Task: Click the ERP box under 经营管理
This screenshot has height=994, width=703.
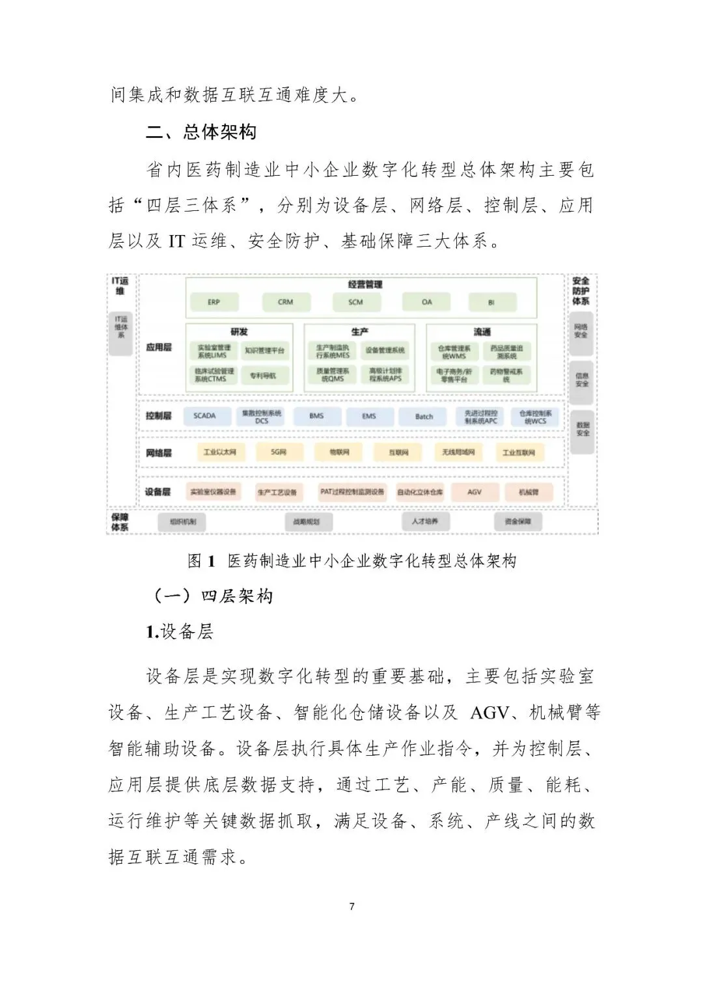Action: tap(214, 302)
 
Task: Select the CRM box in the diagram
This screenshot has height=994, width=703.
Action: tap(286, 302)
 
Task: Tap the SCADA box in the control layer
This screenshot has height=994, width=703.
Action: tap(204, 416)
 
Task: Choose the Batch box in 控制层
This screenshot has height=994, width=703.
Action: tap(424, 417)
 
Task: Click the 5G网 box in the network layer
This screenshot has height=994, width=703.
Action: tap(279, 452)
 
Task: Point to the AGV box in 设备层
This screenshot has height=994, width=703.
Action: tap(475, 492)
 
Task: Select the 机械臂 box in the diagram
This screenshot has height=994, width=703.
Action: tap(529, 492)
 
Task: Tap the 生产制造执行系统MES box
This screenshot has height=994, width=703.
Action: tap(333, 352)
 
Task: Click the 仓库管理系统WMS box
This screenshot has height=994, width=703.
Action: tap(454, 352)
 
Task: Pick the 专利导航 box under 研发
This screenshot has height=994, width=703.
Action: tap(263, 376)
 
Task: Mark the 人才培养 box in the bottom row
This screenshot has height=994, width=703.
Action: tap(424, 521)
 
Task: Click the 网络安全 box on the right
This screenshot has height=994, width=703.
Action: tap(581, 331)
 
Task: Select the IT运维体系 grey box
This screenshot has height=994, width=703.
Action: tap(121, 334)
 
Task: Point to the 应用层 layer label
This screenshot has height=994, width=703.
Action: tap(159, 348)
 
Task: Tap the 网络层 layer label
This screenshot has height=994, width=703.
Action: tap(159, 453)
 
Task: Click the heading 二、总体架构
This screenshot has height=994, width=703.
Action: tap(201, 133)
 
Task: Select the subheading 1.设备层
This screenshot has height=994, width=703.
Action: tap(180, 631)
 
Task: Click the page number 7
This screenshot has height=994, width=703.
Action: tap(352, 906)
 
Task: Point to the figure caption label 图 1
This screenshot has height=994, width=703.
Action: tap(201, 561)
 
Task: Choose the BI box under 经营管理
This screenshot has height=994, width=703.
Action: tap(491, 303)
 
